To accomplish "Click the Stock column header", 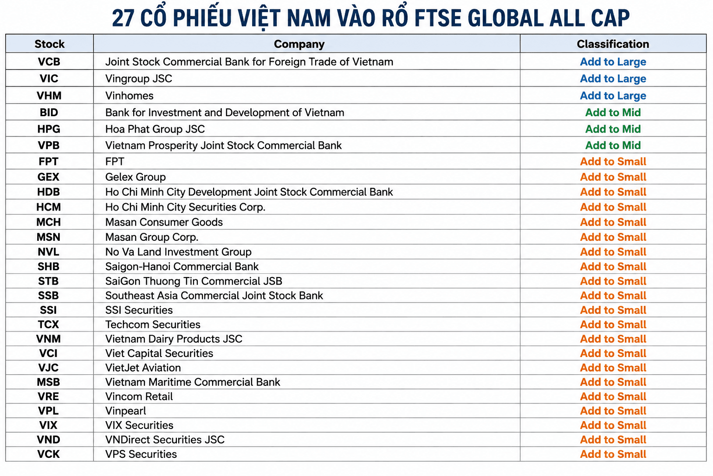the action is (x=49, y=44).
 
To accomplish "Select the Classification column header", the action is (x=613, y=44).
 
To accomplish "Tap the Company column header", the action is (x=299, y=44).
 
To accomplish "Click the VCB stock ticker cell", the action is (x=49, y=61).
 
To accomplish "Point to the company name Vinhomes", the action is (x=129, y=96).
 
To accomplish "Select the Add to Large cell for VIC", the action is (x=613, y=79).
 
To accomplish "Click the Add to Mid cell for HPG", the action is (x=613, y=129).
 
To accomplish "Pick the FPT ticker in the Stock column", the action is (x=48, y=162).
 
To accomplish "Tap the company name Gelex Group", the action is (x=136, y=177).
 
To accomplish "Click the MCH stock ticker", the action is (x=48, y=222).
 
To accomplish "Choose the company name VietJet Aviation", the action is (x=143, y=368).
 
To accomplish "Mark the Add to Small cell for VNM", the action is (x=613, y=338).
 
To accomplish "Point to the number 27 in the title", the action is (x=123, y=18).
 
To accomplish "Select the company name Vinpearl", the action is (x=126, y=411).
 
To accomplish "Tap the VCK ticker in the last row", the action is (x=48, y=454).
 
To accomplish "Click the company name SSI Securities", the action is (x=139, y=310).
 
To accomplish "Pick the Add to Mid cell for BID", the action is (x=613, y=112).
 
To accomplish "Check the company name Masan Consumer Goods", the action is (x=164, y=222).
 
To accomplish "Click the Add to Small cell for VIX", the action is (x=613, y=425).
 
